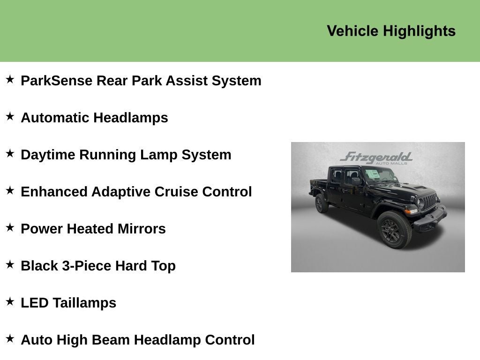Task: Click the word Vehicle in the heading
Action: click(x=352, y=31)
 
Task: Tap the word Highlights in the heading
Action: click(x=420, y=31)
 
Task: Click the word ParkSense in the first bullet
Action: click(x=57, y=81)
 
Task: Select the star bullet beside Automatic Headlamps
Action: click(x=10, y=116)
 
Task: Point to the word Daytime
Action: click(x=48, y=155)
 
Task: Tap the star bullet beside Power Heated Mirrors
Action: click(x=10, y=227)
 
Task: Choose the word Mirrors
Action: click(x=142, y=229)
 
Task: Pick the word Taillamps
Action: click(x=84, y=303)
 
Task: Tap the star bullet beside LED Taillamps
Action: click(x=10, y=301)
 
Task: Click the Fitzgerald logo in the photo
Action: click(x=376, y=158)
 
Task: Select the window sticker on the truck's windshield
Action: click(x=373, y=174)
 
